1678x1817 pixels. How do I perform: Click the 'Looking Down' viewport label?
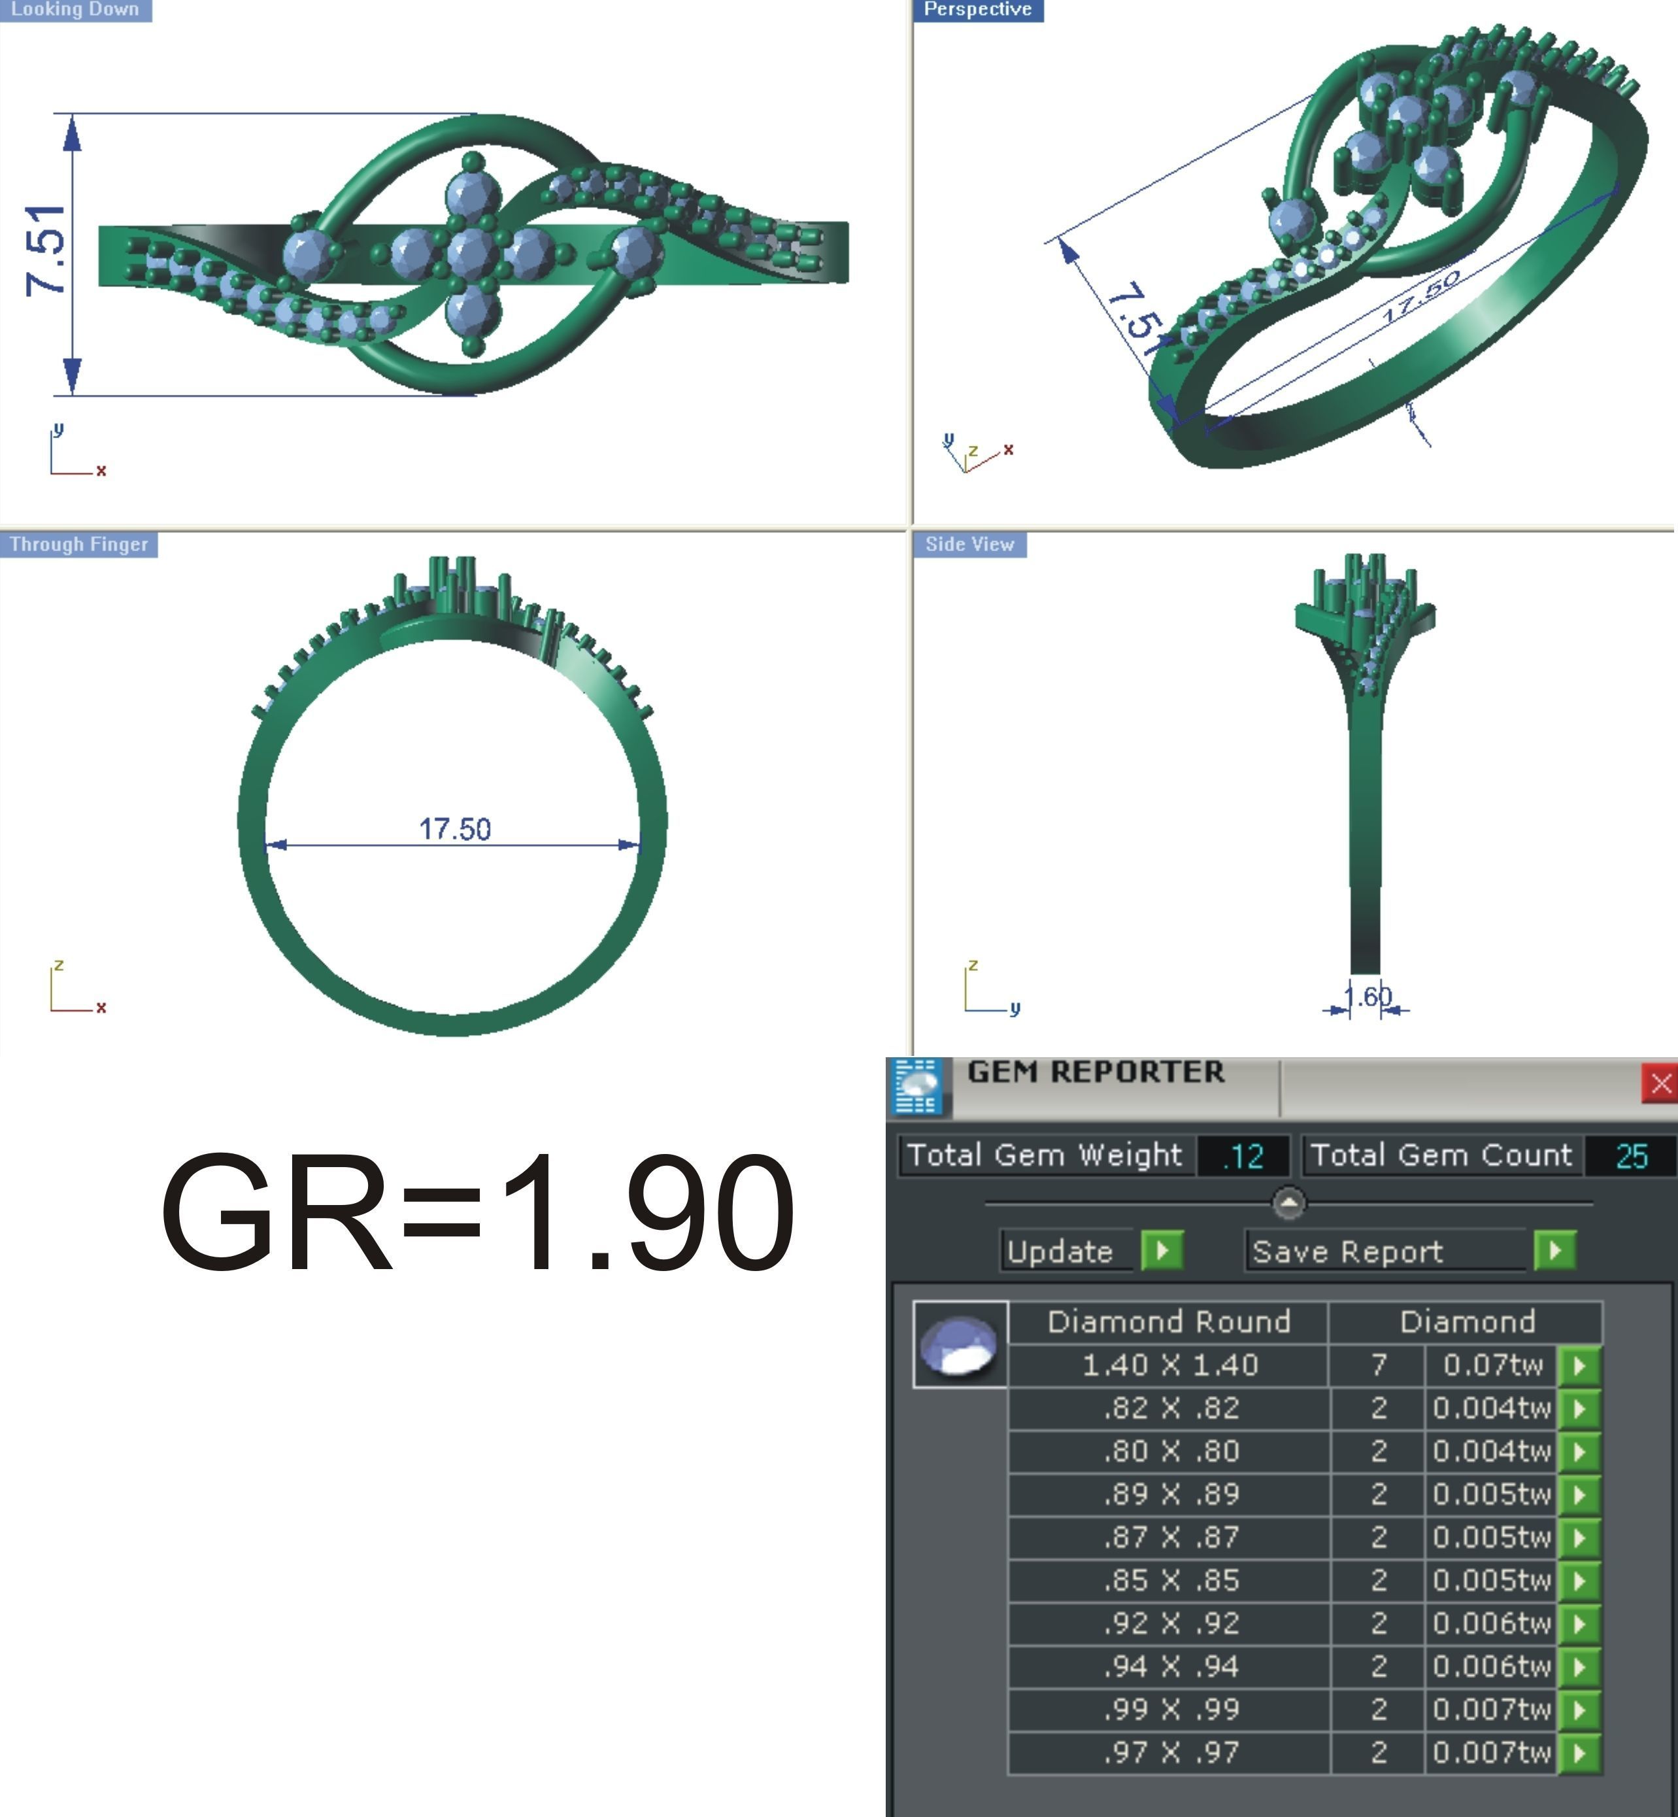(75, 10)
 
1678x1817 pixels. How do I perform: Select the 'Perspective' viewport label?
(977, 10)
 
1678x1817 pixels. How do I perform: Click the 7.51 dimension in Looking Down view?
(47, 250)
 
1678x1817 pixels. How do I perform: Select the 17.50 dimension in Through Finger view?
(454, 829)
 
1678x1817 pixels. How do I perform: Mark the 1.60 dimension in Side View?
(1367, 997)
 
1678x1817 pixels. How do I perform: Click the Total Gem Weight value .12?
(1242, 1156)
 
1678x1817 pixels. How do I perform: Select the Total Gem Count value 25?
(1631, 1156)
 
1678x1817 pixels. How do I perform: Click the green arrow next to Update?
(1162, 1251)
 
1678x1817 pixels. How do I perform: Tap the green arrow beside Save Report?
(1554, 1251)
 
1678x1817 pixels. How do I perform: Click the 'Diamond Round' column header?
(1169, 1322)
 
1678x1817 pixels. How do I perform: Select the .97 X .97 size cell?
(1169, 1752)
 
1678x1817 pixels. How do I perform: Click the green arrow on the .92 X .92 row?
(1579, 1623)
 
